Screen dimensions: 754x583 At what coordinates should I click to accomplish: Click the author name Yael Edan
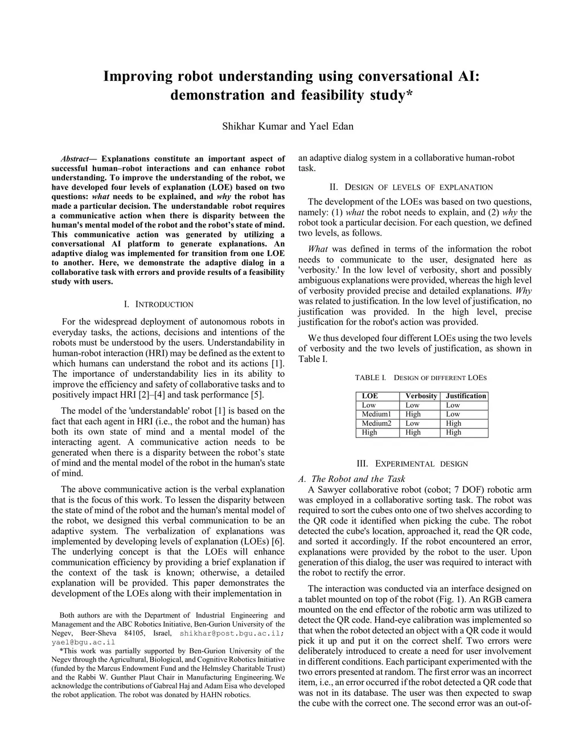(331, 126)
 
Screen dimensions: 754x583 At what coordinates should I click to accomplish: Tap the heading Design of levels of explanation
(411, 187)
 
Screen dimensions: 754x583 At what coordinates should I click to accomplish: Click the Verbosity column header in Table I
(421, 396)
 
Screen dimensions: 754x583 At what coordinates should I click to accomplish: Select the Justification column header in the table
(466, 396)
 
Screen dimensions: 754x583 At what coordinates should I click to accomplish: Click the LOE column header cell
(370, 396)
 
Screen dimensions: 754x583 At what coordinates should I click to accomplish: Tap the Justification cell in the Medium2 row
(453, 423)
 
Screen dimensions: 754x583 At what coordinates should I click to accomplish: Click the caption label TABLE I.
(370, 378)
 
